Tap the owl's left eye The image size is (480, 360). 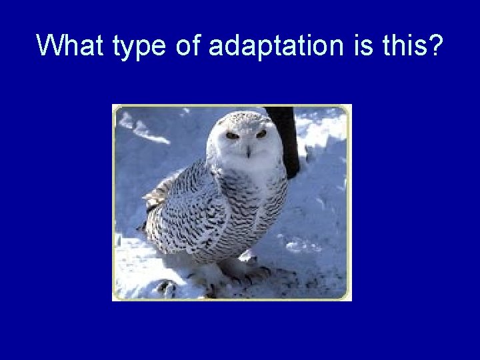pyautogui.click(x=261, y=134)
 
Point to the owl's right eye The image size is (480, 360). pyautogui.click(x=232, y=135)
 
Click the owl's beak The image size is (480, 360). pyautogui.click(x=248, y=151)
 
